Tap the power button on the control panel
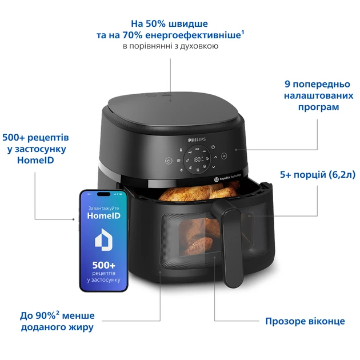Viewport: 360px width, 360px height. click(x=169, y=161)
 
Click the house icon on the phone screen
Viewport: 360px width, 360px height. click(x=104, y=240)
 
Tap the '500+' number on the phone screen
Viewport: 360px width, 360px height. click(x=104, y=265)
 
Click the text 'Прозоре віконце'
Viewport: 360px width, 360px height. click(x=305, y=321)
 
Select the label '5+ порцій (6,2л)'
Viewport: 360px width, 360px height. click(x=318, y=175)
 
